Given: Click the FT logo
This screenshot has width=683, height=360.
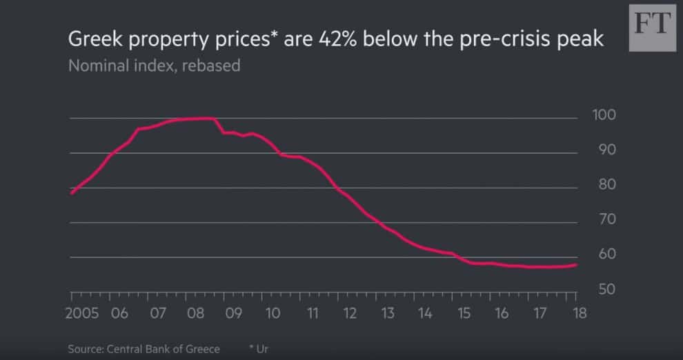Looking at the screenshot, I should [651, 27].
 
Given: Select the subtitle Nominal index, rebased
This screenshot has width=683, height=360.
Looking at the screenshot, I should [154, 67].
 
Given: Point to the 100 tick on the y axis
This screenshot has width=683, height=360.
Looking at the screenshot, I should [604, 115].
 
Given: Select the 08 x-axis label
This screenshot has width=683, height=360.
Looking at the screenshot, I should [196, 313].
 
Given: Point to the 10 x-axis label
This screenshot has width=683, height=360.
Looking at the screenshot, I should [273, 313].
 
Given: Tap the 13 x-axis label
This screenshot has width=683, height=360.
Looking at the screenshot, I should [387, 313].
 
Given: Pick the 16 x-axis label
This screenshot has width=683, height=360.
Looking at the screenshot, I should [502, 313].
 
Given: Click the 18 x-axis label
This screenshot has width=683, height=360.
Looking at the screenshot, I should [579, 313].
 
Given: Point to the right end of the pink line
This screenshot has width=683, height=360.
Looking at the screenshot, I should [576, 265].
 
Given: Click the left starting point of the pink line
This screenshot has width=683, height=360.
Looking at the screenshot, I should [72, 193].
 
